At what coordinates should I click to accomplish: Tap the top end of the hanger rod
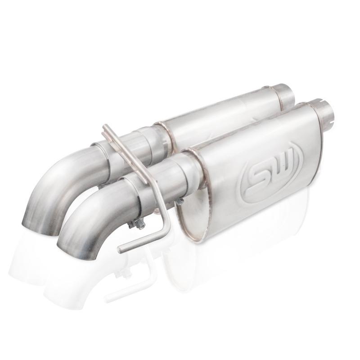[x=105, y=128]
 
